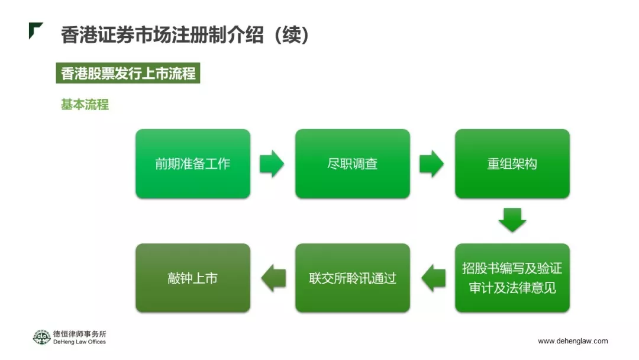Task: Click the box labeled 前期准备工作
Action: (x=193, y=163)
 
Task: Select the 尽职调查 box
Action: (x=353, y=163)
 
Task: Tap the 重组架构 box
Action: (x=512, y=163)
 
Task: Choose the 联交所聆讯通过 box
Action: (x=353, y=278)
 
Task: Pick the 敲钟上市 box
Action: (x=193, y=278)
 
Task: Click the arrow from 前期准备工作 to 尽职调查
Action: (x=272, y=163)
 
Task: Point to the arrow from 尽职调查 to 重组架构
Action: (x=431, y=163)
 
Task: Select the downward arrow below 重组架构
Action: (x=512, y=220)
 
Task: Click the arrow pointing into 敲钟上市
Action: (x=273, y=278)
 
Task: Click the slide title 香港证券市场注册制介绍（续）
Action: (x=185, y=35)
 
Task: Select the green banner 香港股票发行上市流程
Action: (x=128, y=74)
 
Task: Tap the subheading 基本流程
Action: (x=85, y=105)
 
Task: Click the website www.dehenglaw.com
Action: (x=573, y=341)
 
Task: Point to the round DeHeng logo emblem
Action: (x=41, y=337)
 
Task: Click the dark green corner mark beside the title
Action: (x=35, y=30)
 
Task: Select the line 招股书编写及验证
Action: (x=512, y=268)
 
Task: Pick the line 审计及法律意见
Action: (x=512, y=288)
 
